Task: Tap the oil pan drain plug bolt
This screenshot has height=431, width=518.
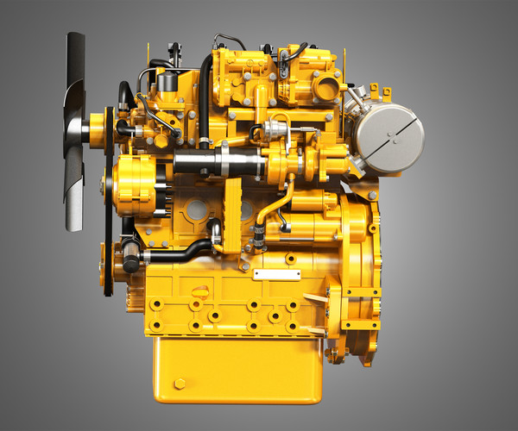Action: (180, 383)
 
